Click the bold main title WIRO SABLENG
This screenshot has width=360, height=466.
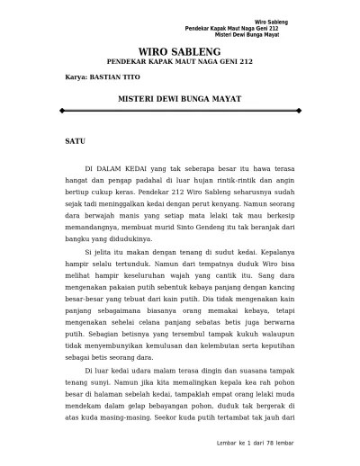pyautogui.click(x=180, y=53)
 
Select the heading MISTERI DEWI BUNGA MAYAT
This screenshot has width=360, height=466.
pyautogui.click(x=179, y=93)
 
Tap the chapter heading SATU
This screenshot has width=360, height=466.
pyautogui.click(x=76, y=142)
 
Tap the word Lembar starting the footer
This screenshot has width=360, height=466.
pyautogui.click(x=219, y=444)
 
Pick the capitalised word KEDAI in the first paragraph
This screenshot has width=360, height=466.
pyautogui.click(x=140, y=168)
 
